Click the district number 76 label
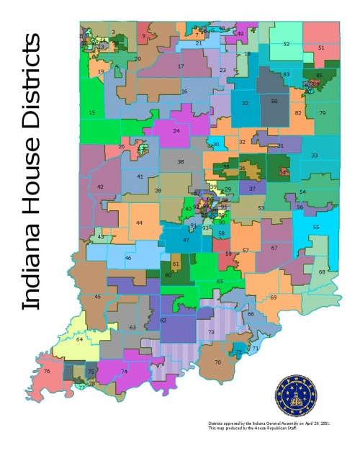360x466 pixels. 47,372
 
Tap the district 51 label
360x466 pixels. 321,48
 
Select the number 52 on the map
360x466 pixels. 286,44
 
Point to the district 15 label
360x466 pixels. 92,113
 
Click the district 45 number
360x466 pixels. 98,296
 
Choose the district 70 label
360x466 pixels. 217,362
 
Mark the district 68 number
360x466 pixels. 322,272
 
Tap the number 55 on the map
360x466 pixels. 315,227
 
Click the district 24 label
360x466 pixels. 176,131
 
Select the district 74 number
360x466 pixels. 124,371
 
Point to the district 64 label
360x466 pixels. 79,339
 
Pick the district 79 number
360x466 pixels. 323,114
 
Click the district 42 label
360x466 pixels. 100,187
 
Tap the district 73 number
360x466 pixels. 211,332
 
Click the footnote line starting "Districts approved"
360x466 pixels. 258,424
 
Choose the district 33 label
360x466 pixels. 314,156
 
